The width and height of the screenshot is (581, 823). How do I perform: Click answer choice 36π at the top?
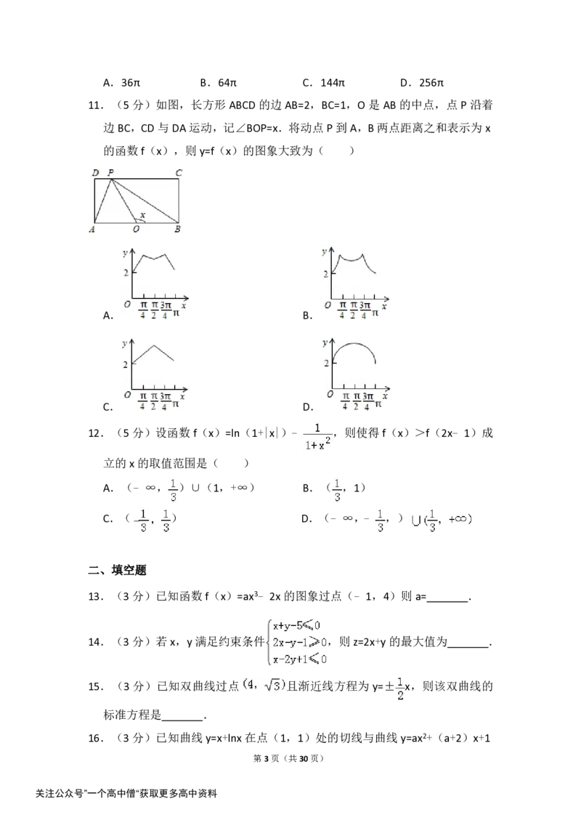click(131, 82)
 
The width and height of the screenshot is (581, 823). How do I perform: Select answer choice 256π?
click(431, 82)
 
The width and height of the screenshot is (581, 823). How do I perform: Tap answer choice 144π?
click(333, 82)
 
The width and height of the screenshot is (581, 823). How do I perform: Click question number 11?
click(95, 105)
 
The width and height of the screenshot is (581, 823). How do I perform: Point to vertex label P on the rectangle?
click(110, 172)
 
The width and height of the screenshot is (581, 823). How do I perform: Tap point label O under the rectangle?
click(137, 229)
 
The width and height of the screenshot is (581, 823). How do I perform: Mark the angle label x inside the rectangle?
click(142, 215)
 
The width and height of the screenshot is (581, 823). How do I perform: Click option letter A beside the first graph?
click(108, 316)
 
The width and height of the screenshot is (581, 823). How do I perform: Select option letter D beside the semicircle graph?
click(308, 407)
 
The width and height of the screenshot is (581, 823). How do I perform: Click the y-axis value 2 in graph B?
click(325, 273)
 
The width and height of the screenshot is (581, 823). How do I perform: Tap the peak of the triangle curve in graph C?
click(154, 345)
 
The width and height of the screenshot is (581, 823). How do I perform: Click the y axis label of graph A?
click(125, 253)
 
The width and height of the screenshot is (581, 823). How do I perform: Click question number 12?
click(95, 433)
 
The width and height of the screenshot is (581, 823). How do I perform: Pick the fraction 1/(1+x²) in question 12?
click(317, 437)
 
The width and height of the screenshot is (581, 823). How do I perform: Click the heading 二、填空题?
click(117, 570)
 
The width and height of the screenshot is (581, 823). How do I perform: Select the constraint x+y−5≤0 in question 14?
click(297, 625)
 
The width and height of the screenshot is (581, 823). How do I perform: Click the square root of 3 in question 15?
click(274, 685)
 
